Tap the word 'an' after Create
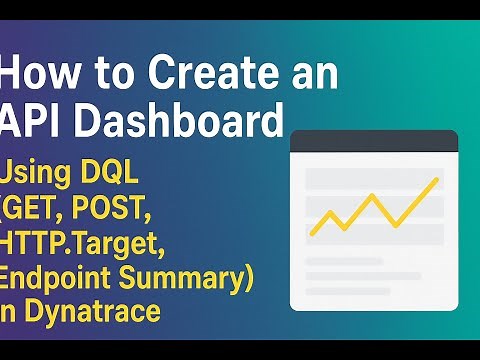[x=312, y=75]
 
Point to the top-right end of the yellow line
[x=437, y=180]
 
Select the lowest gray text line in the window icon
[x=350, y=290]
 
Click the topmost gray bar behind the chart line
[x=373, y=180]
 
